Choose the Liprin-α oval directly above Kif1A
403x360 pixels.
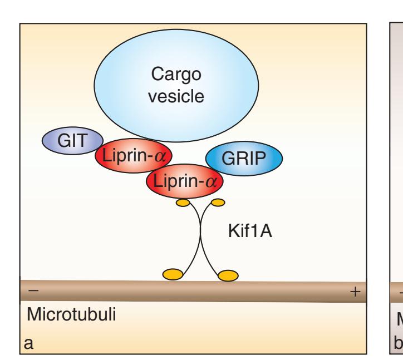point(184,181)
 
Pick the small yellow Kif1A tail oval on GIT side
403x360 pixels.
point(183,203)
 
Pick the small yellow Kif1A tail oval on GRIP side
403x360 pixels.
point(217,201)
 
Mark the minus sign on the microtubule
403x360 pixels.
point(32,291)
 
